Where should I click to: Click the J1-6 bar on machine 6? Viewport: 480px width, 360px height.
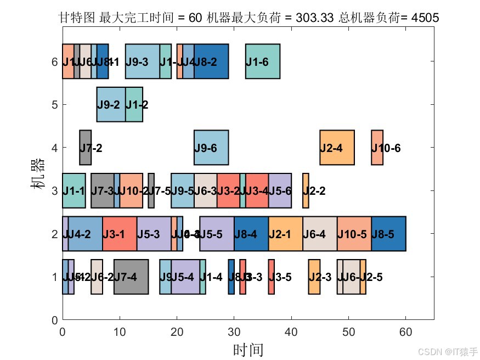263,61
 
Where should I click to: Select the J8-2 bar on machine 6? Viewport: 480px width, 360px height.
211,61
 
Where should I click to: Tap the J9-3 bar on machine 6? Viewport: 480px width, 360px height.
143,61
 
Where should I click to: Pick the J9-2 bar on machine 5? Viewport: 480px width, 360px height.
111,104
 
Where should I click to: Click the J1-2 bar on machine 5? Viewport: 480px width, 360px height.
134,104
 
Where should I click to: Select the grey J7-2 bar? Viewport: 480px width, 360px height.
85,148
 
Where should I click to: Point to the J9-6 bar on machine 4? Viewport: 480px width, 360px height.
211,148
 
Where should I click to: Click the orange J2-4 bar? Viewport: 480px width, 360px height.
337,148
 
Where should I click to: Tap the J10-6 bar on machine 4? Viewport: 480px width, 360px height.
377,148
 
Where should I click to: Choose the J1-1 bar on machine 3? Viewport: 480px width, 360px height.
74,190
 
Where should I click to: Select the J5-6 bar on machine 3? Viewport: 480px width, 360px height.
280,190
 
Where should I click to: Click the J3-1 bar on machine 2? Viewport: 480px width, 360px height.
120,234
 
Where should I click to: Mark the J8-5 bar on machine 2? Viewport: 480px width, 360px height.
388,234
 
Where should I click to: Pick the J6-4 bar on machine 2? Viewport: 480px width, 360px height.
320,234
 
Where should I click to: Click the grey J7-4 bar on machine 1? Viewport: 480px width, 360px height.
131,277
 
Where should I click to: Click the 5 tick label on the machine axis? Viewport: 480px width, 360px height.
54,104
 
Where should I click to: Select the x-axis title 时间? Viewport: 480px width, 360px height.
248,350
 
